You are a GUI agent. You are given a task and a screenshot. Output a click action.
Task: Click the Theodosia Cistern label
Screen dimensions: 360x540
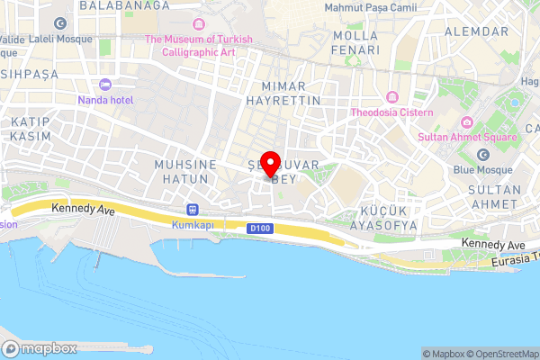click(x=392, y=112)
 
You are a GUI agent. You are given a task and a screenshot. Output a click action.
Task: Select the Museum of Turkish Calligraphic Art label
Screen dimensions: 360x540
click(x=199, y=45)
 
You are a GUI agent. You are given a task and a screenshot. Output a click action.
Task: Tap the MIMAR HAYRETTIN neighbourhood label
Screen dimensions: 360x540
click(x=290, y=94)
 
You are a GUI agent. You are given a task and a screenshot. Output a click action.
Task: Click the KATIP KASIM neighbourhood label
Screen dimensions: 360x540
click(x=31, y=128)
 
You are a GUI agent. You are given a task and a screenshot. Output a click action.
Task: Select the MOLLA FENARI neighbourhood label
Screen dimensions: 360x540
click(x=355, y=42)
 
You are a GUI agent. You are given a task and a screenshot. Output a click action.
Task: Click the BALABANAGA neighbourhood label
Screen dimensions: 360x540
click(x=124, y=5)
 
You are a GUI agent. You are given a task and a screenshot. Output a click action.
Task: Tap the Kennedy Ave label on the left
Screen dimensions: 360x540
click(x=84, y=209)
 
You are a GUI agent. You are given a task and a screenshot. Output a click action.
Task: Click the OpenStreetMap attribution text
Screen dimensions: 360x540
click(x=501, y=353)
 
